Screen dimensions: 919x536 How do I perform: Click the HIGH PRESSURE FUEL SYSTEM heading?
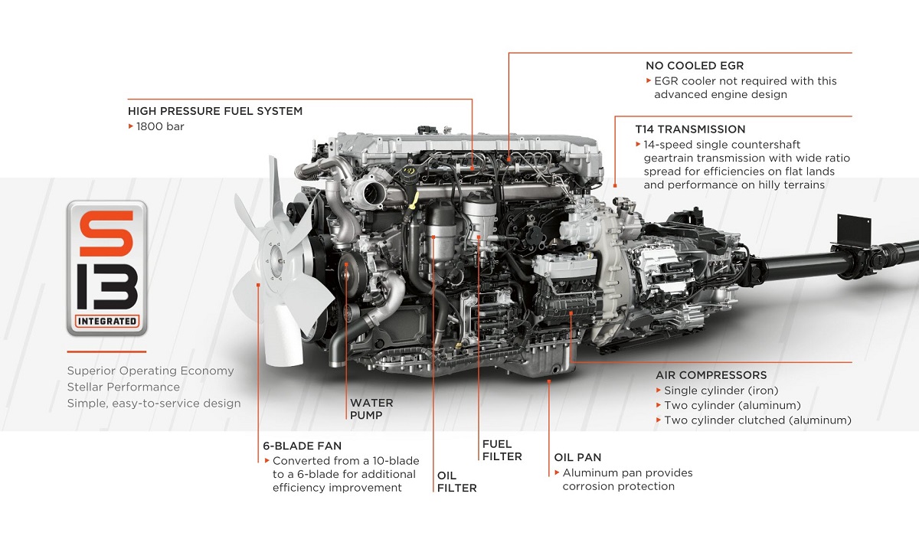pyautogui.click(x=215, y=111)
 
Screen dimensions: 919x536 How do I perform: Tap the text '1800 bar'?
pyautogui.click(x=160, y=126)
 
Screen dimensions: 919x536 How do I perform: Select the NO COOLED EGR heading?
pyautogui.click(x=695, y=66)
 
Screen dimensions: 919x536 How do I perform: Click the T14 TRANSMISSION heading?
pyautogui.click(x=690, y=129)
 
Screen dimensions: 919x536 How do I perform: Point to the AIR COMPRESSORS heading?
pyautogui.click(x=711, y=375)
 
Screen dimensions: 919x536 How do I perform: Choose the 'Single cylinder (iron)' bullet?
pyautogui.click(x=721, y=391)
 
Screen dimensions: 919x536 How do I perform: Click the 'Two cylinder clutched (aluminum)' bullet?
pyautogui.click(x=757, y=420)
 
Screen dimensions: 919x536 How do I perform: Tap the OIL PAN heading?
pyautogui.click(x=577, y=457)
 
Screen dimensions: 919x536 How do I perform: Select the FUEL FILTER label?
pyautogui.click(x=502, y=450)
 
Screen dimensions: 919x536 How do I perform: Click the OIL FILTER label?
pyautogui.click(x=456, y=482)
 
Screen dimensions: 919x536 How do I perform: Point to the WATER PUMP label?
pyautogui.click(x=371, y=409)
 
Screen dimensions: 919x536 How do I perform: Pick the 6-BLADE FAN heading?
pyautogui.click(x=302, y=446)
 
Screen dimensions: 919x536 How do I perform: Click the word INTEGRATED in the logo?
pyautogui.click(x=107, y=321)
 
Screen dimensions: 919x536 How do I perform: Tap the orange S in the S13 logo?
pyautogui.click(x=106, y=233)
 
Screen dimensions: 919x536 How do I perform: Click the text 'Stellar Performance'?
pyautogui.click(x=123, y=387)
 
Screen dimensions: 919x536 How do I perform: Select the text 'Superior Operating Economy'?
pyautogui.click(x=150, y=371)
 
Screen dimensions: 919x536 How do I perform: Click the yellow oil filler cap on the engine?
pyautogui.click(x=409, y=170)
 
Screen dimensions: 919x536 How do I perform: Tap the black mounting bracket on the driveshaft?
pyautogui.click(x=854, y=231)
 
